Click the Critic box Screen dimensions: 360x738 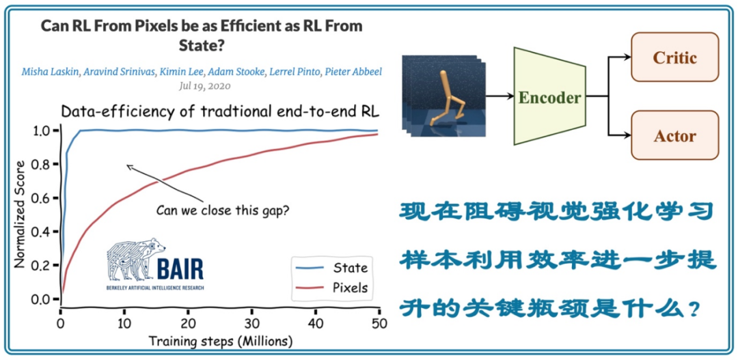click(x=675, y=57)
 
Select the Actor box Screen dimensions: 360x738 click(x=675, y=135)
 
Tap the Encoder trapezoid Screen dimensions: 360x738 click(x=549, y=96)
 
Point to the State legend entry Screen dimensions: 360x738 click(x=350, y=268)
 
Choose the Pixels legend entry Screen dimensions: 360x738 click(x=350, y=288)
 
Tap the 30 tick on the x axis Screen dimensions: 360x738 click(x=252, y=322)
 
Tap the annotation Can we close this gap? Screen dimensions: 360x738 click(x=222, y=210)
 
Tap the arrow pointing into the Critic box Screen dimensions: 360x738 click(x=622, y=58)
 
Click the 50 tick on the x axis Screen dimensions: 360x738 click(x=379, y=322)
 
